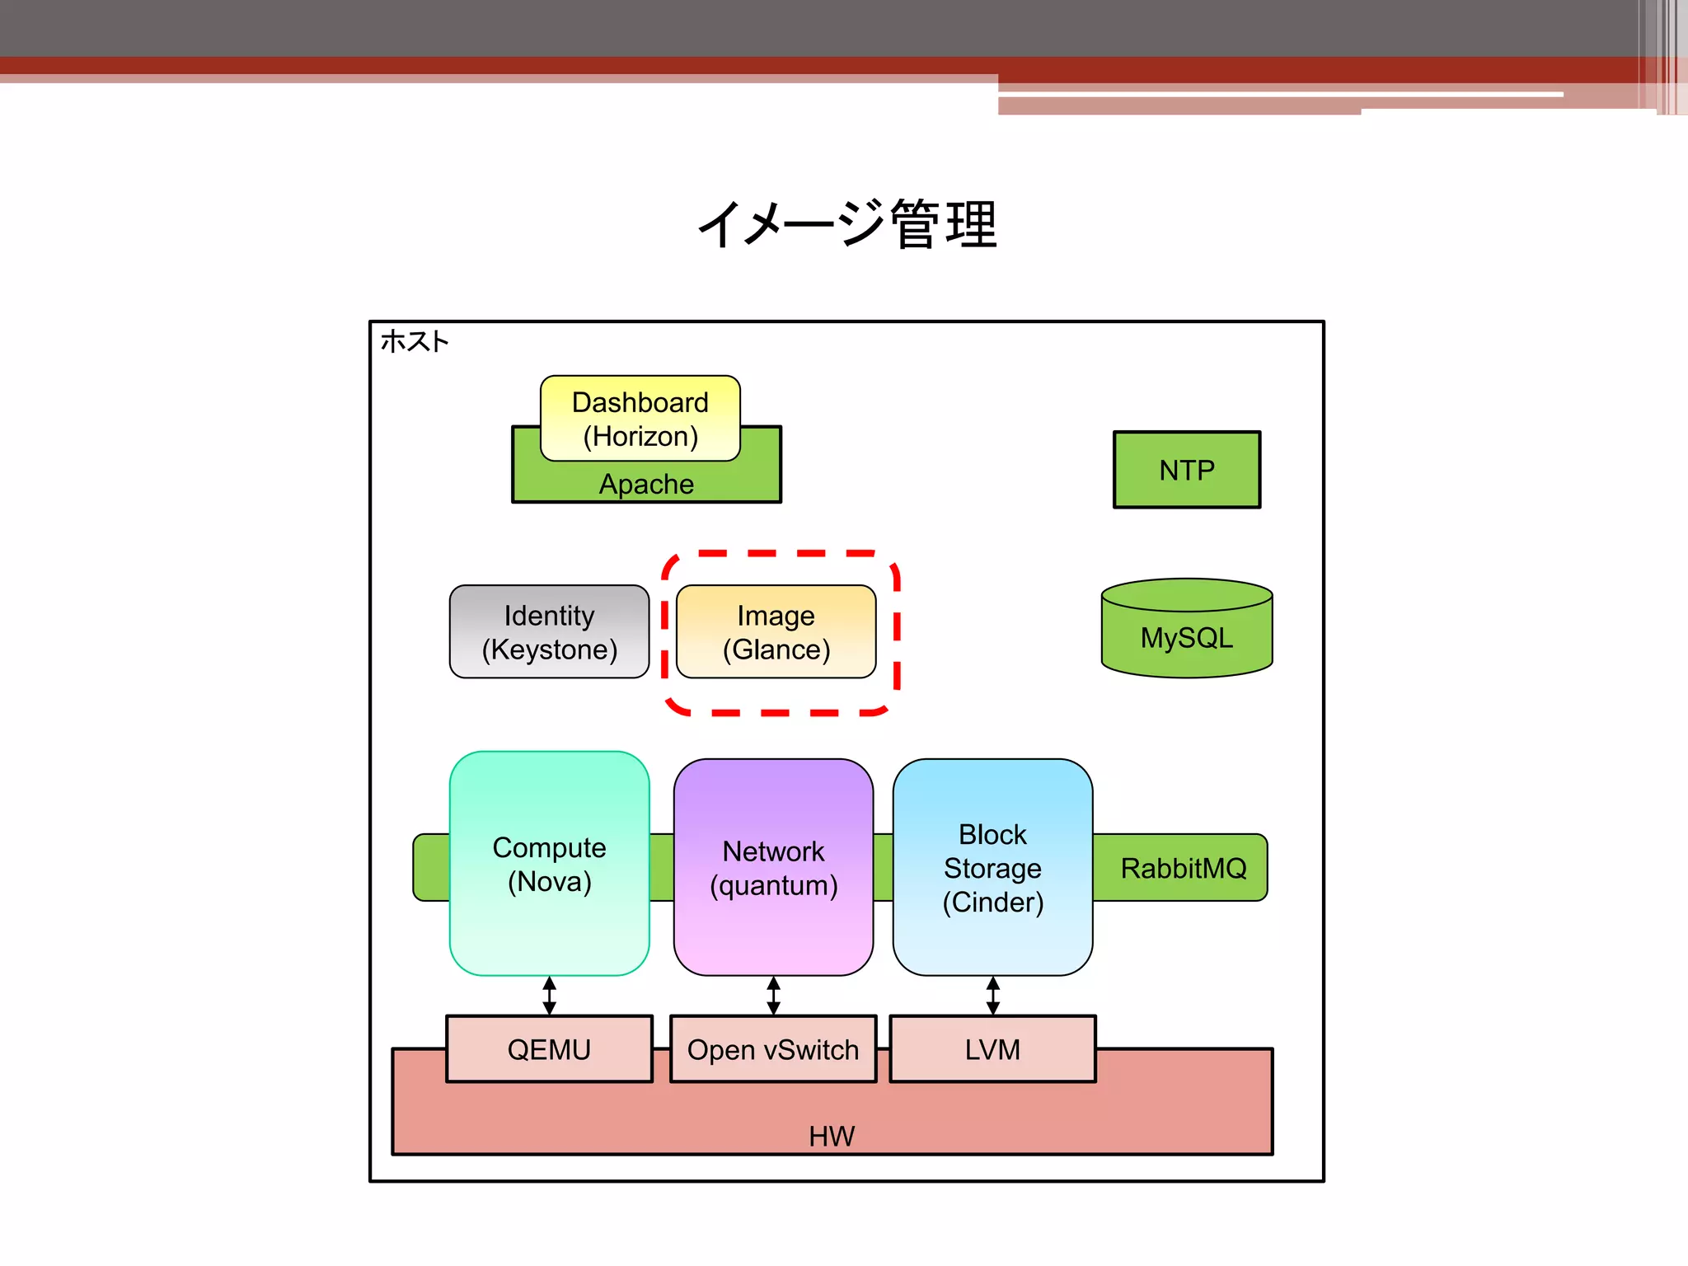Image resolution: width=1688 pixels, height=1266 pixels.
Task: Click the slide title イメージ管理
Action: (x=847, y=224)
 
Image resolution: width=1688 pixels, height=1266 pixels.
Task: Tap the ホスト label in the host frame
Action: (x=415, y=341)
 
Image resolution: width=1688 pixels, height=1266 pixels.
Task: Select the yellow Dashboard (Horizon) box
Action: (x=640, y=419)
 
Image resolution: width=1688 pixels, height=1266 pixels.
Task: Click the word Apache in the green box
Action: (x=646, y=484)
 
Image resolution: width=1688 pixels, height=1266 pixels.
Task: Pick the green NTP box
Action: (x=1186, y=470)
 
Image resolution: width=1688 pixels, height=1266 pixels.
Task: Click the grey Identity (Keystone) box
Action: (x=549, y=632)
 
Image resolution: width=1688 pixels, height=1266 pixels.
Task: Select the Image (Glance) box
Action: (x=776, y=632)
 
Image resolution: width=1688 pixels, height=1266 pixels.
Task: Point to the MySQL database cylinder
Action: (x=1186, y=630)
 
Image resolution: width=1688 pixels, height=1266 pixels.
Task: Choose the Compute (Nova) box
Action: (x=549, y=864)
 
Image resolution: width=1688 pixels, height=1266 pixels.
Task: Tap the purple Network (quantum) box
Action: (x=773, y=867)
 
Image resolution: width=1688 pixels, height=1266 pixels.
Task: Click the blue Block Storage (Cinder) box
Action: (x=992, y=868)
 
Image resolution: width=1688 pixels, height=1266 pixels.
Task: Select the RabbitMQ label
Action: (x=1183, y=868)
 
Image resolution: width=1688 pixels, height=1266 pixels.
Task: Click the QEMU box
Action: (x=549, y=1049)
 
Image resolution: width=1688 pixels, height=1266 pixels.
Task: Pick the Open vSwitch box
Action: (x=773, y=1049)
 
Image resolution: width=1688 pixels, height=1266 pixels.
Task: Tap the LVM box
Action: (x=992, y=1049)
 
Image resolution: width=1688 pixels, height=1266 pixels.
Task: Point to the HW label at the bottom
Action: (x=832, y=1136)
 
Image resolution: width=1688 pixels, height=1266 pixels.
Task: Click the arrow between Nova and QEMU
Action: (x=550, y=996)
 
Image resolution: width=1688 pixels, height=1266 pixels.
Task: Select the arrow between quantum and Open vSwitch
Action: (x=773, y=996)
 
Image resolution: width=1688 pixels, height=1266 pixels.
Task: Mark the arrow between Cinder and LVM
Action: (x=993, y=996)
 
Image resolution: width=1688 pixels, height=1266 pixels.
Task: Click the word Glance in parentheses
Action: (x=776, y=649)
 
